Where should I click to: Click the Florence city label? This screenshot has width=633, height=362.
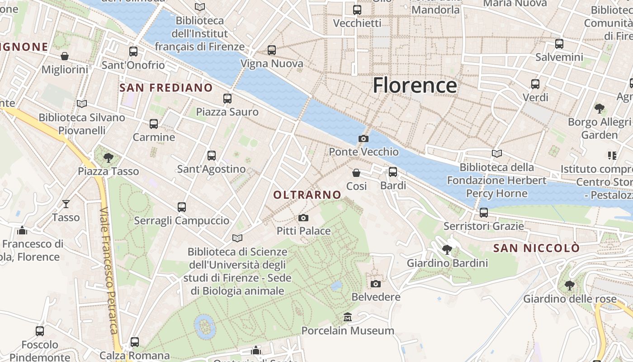click(x=415, y=85)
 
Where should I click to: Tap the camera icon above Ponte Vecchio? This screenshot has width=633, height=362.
click(x=363, y=139)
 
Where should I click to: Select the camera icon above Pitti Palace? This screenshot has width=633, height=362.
click(x=303, y=218)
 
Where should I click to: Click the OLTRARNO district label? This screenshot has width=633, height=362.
click(x=307, y=195)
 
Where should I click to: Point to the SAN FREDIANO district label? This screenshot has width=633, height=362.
click(x=166, y=88)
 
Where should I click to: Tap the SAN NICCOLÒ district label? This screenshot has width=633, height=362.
click(x=536, y=248)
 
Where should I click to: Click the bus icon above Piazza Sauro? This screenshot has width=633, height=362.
click(x=227, y=99)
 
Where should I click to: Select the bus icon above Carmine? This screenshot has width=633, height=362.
click(x=154, y=124)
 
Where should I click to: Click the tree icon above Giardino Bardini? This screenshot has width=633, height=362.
click(x=447, y=249)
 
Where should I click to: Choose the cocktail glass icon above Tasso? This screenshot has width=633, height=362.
click(x=66, y=204)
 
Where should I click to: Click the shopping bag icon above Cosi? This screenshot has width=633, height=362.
click(x=356, y=173)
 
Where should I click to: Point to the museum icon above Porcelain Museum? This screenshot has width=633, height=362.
click(x=348, y=317)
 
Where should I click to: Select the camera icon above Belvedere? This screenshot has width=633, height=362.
click(x=375, y=284)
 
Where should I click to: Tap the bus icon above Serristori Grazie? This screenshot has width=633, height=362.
click(x=484, y=212)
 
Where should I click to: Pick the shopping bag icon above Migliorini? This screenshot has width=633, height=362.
click(x=65, y=56)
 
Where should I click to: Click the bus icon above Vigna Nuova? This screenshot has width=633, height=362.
click(x=272, y=50)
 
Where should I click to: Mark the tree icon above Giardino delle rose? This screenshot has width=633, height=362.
click(x=569, y=286)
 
